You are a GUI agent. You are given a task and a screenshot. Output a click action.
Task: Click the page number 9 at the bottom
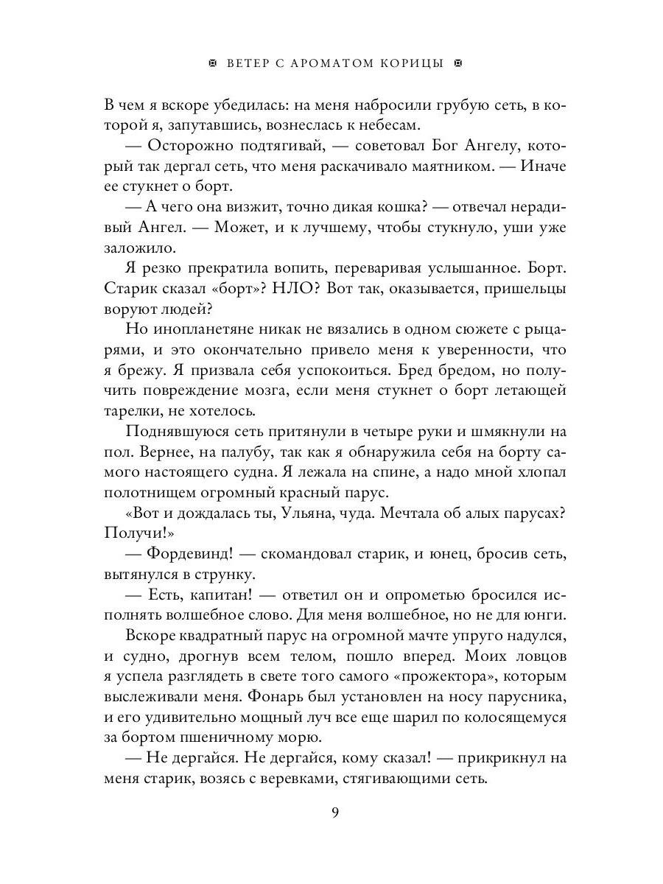[335, 813]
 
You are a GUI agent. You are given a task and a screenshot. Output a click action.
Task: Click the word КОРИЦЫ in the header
[413, 63]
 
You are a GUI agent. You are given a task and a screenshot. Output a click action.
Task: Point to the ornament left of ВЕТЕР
[213, 63]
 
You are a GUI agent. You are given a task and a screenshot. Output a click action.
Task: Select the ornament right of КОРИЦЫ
[457, 63]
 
